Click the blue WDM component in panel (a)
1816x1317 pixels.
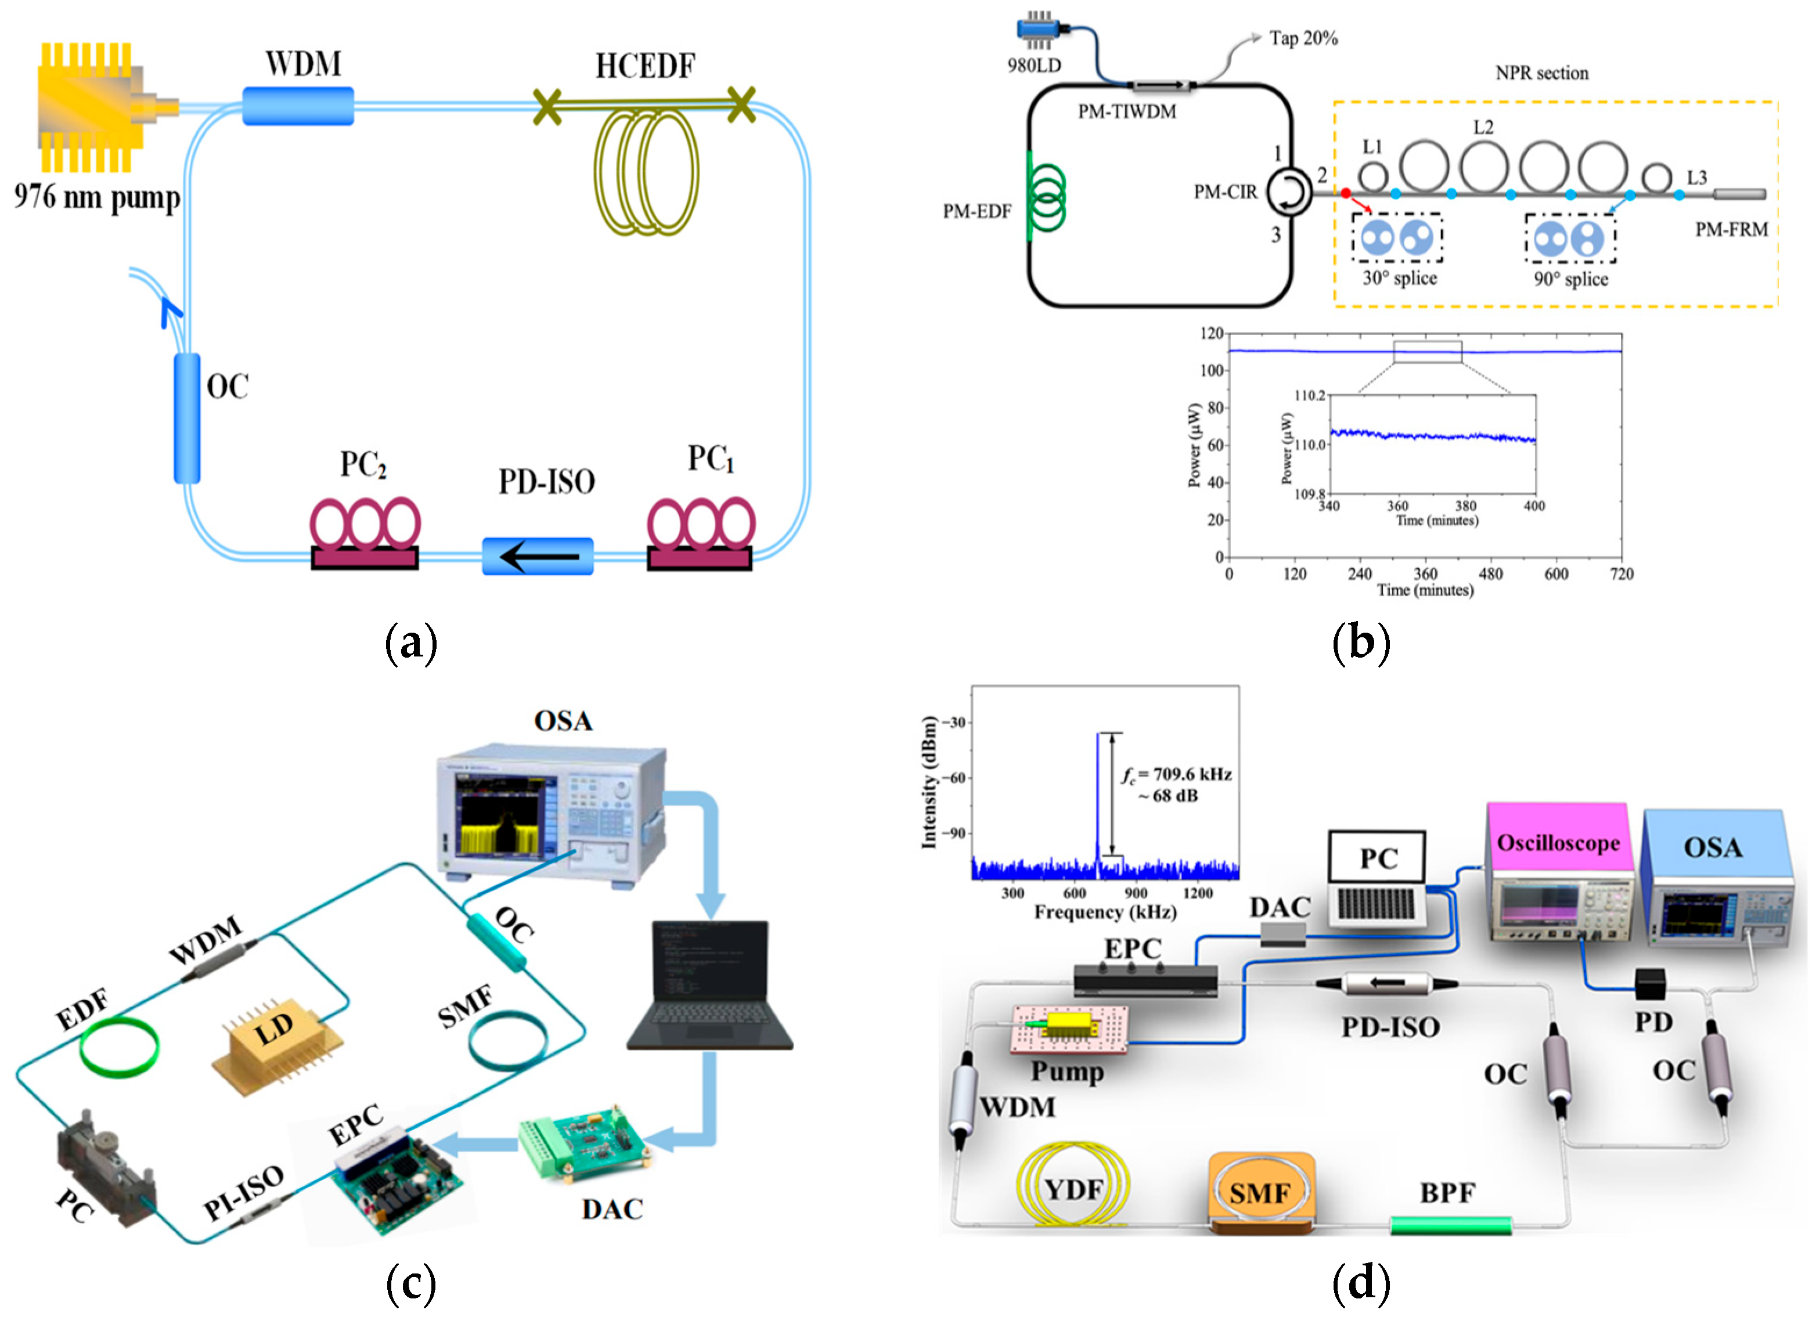click(x=298, y=106)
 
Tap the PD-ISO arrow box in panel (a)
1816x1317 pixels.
click(x=537, y=555)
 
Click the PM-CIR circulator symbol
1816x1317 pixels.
click(x=1288, y=193)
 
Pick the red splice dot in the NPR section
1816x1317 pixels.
click(x=1346, y=193)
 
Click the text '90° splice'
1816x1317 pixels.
click(x=1570, y=279)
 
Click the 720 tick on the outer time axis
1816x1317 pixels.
click(x=1622, y=573)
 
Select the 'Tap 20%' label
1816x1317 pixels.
click(x=1303, y=38)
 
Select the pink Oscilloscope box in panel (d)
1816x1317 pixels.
click(x=1558, y=844)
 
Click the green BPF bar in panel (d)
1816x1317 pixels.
click(x=1450, y=1225)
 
